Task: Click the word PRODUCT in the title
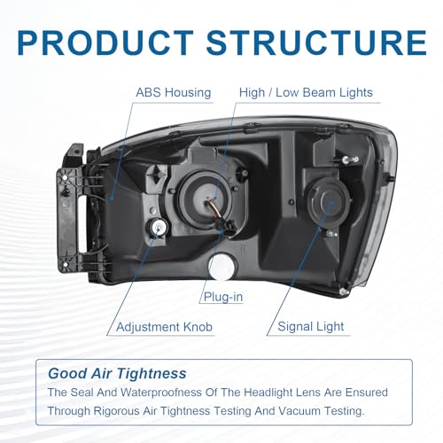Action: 105,43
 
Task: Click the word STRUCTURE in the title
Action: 316,43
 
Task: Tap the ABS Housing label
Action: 174,92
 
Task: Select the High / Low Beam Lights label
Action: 306,92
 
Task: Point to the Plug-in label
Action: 223,297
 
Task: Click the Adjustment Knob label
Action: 164,327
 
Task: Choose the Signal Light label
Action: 311,327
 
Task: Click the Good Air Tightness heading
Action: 117,373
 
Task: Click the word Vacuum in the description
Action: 298,411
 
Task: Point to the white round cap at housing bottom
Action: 222,267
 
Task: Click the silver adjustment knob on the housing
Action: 159,228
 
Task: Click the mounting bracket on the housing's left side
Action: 70,209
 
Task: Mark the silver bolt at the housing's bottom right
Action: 343,292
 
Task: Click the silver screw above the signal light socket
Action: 351,159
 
